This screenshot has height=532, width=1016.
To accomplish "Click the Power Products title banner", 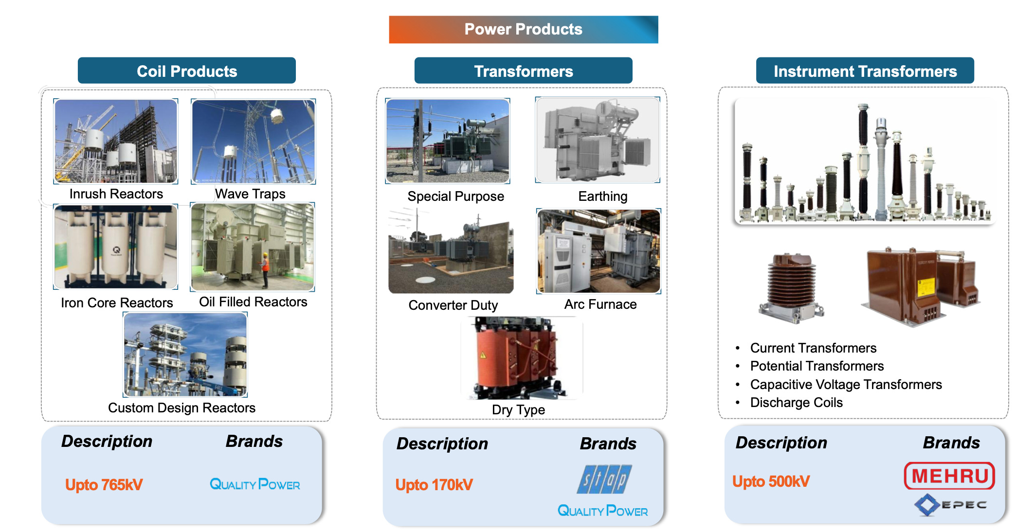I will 523,29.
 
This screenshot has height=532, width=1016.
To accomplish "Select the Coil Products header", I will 186,71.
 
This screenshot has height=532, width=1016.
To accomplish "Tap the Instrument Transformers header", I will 865,71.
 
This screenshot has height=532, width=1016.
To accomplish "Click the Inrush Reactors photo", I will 115,141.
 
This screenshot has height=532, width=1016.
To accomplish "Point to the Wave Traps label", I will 250,194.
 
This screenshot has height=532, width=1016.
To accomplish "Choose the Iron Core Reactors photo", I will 115,247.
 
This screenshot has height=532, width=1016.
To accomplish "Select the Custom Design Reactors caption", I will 181,408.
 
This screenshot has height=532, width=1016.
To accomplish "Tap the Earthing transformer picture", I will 598,140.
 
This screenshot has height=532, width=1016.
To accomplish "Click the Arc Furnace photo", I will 599,251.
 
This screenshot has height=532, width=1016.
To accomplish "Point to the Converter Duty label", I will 453,305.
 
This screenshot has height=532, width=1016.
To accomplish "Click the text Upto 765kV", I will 104,484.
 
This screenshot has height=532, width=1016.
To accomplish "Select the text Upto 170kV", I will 434,484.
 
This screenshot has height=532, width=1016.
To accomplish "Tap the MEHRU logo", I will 949,476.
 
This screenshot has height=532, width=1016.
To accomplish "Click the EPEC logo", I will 950,505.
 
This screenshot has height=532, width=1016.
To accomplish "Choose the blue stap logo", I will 604,479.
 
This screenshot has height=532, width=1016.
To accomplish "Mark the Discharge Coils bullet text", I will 796,403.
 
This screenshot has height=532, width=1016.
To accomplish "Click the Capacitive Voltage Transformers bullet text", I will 846,384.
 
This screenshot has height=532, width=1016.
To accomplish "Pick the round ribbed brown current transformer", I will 791,287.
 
